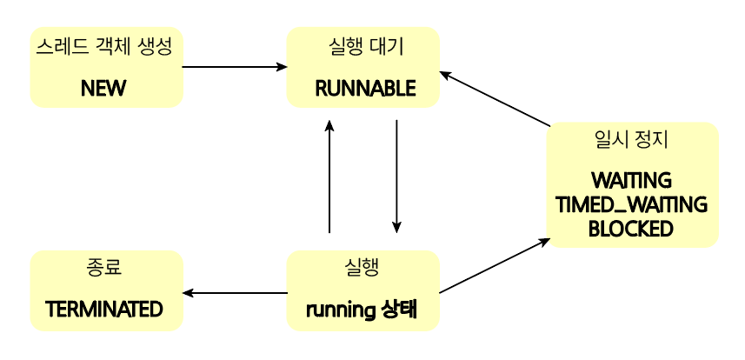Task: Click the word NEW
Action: pos(104,88)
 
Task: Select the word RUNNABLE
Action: pos(365,88)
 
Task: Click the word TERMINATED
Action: pos(104,309)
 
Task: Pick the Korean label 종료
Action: pos(104,267)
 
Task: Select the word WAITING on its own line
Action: pos(631,182)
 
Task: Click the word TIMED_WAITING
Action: pos(631,205)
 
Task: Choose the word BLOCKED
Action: pos(631,229)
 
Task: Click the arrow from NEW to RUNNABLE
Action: pos(235,67)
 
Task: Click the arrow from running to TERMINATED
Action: pos(235,293)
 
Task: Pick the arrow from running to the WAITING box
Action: pos(494,265)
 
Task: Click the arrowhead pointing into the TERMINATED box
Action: pos(187,293)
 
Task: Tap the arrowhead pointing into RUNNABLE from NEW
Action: pos(283,67)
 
